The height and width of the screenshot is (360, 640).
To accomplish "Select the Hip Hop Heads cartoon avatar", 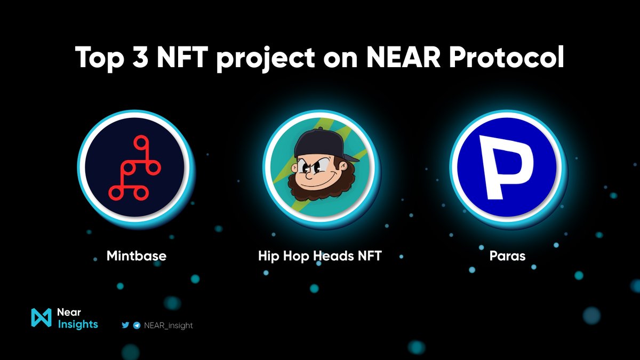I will click(x=320, y=167).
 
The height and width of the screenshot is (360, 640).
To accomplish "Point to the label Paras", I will click(x=507, y=256).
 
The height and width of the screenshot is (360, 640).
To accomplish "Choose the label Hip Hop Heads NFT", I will click(x=319, y=256).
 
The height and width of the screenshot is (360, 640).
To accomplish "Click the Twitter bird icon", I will click(x=125, y=325).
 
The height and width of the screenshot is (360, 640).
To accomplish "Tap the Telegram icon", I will click(x=137, y=325).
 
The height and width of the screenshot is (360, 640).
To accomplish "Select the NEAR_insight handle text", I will click(x=169, y=325).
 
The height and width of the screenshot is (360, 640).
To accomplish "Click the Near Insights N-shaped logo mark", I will click(x=41, y=317).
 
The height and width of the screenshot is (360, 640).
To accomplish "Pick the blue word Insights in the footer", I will click(x=77, y=324).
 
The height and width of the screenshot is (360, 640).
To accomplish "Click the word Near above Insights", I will click(x=69, y=312).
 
